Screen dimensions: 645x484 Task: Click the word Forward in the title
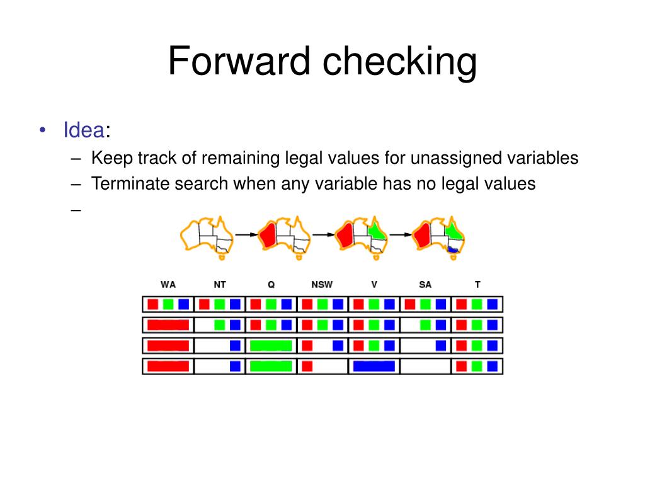[x=240, y=62]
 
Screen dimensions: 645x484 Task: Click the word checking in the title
[x=400, y=62]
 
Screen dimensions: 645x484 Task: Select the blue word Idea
[x=83, y=130]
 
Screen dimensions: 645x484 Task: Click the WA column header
[x=168, y=285]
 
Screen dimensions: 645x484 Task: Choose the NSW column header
[x=322, y=285]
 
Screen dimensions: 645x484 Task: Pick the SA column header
[x=425, y=285]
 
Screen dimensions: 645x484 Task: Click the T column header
[x=477, y=285]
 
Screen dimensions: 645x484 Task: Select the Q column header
[x=271, y=285]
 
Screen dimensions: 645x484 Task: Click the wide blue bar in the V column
[x=374, y=366]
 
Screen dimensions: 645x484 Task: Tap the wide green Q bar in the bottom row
[x=271, y=366]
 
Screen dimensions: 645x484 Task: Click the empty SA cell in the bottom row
[x=425, y=366]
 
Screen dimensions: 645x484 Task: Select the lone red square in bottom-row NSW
[x=307, y=366]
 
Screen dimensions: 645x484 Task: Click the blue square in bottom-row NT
[x=235, y=366]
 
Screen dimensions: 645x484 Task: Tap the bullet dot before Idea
[x=42, y=130]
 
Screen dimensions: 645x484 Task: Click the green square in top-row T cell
[x=477, y=304]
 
